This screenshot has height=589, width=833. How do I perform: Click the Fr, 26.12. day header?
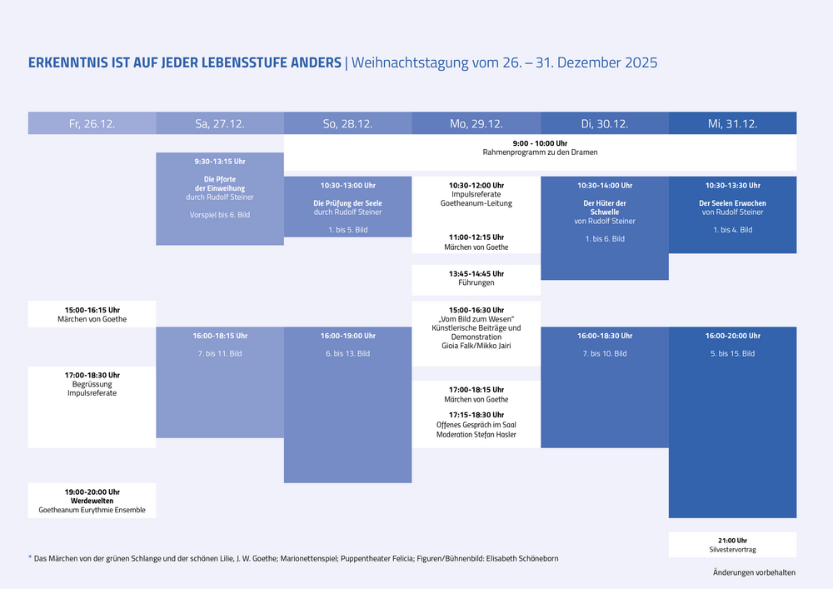tap(92, 123)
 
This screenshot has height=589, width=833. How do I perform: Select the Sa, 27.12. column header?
tap(220, 123)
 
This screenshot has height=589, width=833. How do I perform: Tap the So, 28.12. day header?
tap(348, 123)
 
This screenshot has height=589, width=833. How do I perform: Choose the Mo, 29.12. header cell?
tap(476, 123)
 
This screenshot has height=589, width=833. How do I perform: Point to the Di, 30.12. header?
tap(605, 123)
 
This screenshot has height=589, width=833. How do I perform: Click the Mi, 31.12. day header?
tap(732, 123)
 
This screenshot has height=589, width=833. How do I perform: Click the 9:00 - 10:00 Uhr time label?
tap(540, 143)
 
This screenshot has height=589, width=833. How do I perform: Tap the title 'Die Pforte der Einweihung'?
tap(220, 184)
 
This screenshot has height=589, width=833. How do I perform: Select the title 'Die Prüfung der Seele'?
tap(348, 203)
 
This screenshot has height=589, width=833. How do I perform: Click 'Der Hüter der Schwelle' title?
tap(605, 207)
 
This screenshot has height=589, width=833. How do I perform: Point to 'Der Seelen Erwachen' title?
tap(732, 203)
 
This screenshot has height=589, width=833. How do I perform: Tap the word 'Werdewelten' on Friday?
tap(92, 501)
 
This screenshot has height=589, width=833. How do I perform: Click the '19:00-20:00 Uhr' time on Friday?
tap(92, 492)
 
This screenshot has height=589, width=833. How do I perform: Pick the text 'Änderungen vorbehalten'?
tap(755, 572)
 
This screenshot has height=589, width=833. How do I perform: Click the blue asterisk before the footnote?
tap(30, 557)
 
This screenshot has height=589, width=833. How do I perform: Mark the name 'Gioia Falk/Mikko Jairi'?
tap(476, 346)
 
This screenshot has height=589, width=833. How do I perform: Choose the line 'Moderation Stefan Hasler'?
tap(476, 434)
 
